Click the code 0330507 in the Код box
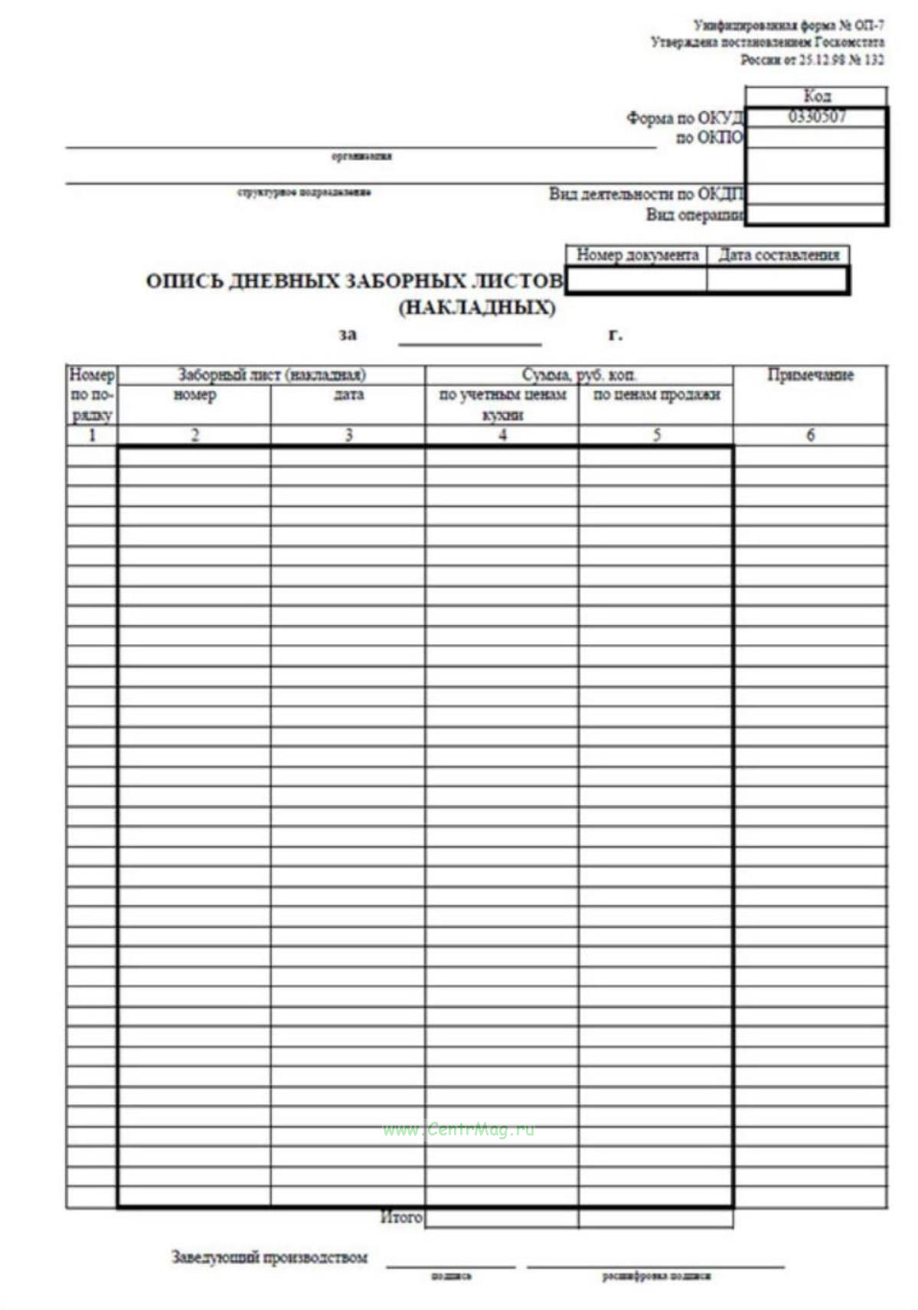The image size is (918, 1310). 816,117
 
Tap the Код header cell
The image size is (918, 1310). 816,96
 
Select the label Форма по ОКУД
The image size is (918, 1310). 684,118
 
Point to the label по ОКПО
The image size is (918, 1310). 709,138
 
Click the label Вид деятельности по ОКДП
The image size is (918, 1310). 646,194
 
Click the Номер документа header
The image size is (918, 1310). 637,255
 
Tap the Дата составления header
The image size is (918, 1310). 779,255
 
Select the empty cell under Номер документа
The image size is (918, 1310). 637,280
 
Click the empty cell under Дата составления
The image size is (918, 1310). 777,280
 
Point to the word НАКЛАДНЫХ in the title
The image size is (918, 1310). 477,308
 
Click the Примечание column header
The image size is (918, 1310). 810,375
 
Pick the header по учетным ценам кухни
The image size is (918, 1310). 502,404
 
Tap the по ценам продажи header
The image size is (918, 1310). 656,395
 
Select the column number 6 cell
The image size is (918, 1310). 810,435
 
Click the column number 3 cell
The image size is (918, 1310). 348,435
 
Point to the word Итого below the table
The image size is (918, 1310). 401,1217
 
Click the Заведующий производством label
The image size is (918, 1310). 270,1257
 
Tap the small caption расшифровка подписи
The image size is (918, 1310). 656,1276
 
